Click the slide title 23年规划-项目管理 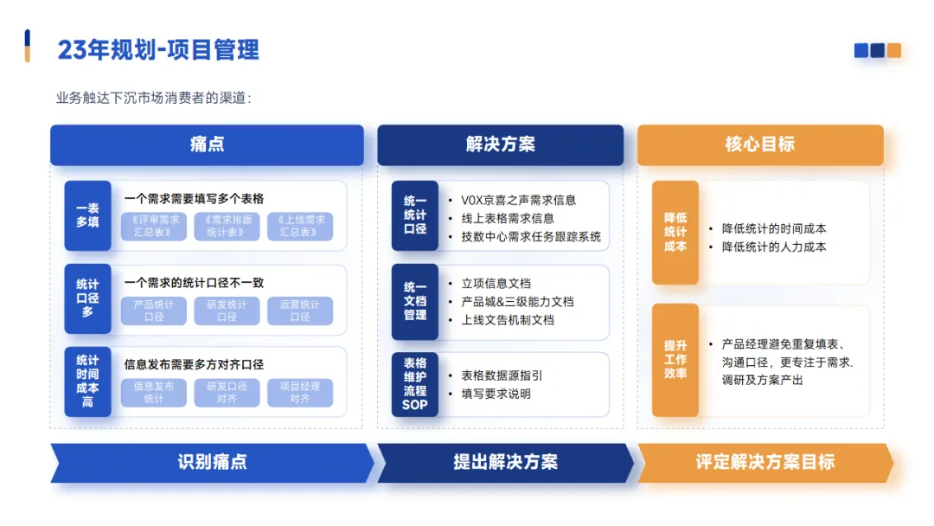pyautogui.click(x=158, y=49)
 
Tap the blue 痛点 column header pyautogui.click(x=207, y=144)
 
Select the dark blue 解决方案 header pyautogui.click(x=500, y=144)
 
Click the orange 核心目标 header pyautogui.click(x=760, y=144)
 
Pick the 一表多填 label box pyautogui.click(x=87, y=215)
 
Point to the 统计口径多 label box pyautogui.click(x=87, y=298)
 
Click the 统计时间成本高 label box pyautogui.click(x=87, y=382)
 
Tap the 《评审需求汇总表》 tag pyautogui.click(x=154, y=226)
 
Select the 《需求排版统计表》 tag pyautogui.click(x=227, y=226)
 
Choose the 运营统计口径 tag pyautogui.click(x=300, y=311)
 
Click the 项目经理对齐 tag pyautogui.click(x=300, y=393)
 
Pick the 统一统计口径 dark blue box pyautogui.click(x=415, y=215)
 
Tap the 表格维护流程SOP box pyautogui.click(x=415, y=384)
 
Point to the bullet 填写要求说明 pyautogui.click(x=496, y=394)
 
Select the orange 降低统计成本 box pyautogui.click(x=675, y=233)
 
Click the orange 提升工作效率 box pyautogui.click(x=675, y=360)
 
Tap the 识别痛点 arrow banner pyautogui.click(x=212, y=462)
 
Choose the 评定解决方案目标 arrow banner pyautogui.click(x=764, y=462)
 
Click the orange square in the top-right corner pyautogui.click(x=893, y=50)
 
